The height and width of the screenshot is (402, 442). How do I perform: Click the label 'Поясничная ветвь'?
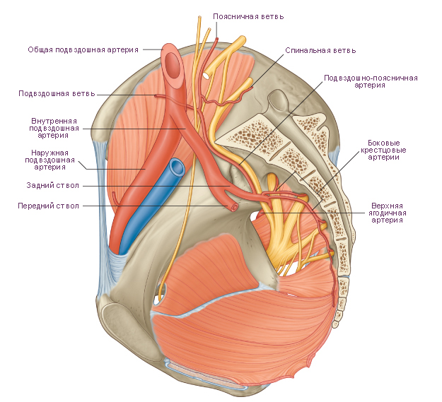(248, 17)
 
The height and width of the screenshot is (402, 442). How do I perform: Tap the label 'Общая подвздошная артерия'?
(83, 50)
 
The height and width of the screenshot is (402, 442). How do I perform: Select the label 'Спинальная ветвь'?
(320, 50)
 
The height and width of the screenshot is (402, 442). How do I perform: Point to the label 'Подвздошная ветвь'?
(57, 93)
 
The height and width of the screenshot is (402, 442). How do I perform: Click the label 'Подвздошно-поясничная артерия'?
(371, 81)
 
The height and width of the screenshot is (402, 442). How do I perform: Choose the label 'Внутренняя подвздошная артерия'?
(54, 128)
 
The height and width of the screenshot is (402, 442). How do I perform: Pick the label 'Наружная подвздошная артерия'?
(50, 160)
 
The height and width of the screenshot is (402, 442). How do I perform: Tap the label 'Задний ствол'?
(53, 186)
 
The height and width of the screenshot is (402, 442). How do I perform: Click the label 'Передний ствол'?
(49, 206)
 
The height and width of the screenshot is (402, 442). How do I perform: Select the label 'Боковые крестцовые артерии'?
(383, 150)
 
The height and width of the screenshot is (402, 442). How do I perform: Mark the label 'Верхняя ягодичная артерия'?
(387, 213)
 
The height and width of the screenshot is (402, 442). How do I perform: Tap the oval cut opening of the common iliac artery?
(173, 66)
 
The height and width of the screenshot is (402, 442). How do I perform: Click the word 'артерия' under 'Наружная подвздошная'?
(50, 167)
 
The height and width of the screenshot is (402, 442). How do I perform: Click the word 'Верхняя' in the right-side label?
(387, 206)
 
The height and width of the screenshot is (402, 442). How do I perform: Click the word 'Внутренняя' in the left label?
(54, 121)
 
